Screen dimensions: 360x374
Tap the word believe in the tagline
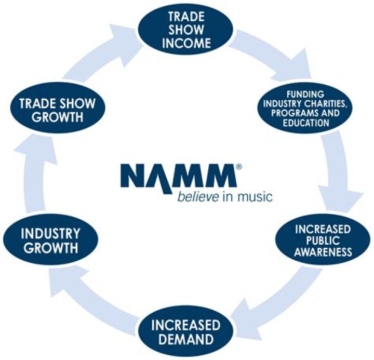194,197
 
